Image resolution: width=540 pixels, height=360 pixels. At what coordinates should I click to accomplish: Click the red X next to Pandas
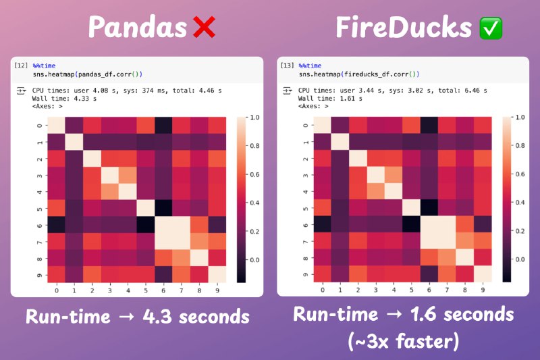pyautogui.click(x=205, y=27)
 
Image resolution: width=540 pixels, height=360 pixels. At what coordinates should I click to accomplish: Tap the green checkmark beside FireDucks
pyautogui.click(x=491, y=28)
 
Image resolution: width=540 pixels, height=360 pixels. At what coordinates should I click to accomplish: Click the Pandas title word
pyautogui.click(x=138, y=27)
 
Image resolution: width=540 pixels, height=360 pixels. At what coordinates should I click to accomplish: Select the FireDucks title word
pyautogui.click(x=404, y=27)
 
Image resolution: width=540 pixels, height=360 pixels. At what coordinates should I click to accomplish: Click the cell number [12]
pyautogui.click(x=21, y=65)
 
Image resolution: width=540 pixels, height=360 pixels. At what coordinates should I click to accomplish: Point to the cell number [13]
pyautogui.click(x=287, y=65)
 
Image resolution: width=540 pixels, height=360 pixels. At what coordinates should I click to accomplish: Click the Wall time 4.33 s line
pyautogui.click(x=64, y=99)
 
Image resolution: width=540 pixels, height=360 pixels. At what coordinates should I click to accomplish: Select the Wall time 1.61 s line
pyautogui.click(x=330, y=99)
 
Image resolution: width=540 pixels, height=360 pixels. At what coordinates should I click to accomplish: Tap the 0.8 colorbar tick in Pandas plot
pyautogui.click(x=254, y=146)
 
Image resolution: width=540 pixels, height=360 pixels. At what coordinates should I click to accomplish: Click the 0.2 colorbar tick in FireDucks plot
pyautogui.click(x=520, y=231)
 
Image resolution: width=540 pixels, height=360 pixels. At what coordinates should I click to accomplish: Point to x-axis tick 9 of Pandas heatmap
pyautogui.click(x=217, y=290)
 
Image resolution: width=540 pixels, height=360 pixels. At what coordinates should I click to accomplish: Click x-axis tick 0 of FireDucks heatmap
pyautogui.click(x=323, y=290)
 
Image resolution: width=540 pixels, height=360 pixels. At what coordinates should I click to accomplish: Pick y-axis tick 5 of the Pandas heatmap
pyautogui.click(x=40, y=209)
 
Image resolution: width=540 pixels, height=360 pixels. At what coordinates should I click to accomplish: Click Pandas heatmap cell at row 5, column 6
pyautogui.click(x=163, y=208)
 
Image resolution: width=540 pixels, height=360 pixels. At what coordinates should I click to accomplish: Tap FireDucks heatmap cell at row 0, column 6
pyautogui.click(x=429, y=125)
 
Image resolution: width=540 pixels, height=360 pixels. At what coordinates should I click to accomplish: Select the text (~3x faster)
pyautogui.click(x=403, y=341)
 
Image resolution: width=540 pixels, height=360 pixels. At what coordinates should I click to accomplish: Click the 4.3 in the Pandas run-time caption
pyautogui.click(x=157, y=316)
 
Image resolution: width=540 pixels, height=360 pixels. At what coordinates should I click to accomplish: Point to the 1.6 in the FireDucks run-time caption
pyautogui.click(x=423, y=314)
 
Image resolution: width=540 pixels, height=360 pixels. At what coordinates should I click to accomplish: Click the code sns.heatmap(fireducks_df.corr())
pyautogui.click(x=359, y=74)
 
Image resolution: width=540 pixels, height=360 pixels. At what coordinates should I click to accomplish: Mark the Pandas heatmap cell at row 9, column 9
pyautogui.click(x=217, y=274)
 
